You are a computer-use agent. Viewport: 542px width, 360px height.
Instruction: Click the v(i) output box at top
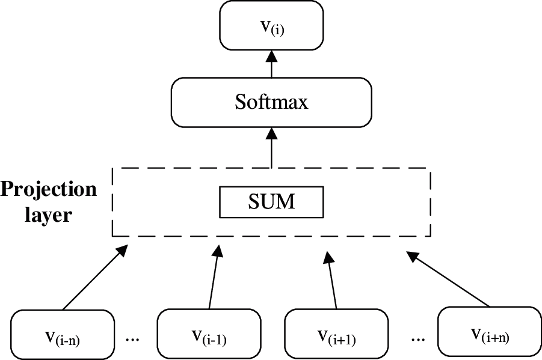pos(271,25)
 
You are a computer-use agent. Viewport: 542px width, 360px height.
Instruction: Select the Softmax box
pos(271,102)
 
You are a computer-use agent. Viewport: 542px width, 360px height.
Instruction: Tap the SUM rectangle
pos(271,202)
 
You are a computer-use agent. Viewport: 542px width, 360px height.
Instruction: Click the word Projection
pos(48,189)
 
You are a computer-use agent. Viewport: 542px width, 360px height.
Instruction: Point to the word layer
pos(48,214)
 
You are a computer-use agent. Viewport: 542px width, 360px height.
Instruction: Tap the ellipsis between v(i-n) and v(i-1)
pos(132,338)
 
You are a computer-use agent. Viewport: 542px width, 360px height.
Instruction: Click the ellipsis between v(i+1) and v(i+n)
pos(417,338)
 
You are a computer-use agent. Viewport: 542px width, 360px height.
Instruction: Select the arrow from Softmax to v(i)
pos(271,65)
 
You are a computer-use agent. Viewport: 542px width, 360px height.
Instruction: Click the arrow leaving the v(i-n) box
pos(93,278)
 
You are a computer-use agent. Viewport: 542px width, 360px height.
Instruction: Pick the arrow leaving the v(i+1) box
pos(331,279)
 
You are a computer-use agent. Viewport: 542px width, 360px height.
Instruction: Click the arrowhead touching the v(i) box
pos(271,55)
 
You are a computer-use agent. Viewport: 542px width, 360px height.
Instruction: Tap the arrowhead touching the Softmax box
pos(271,133)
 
